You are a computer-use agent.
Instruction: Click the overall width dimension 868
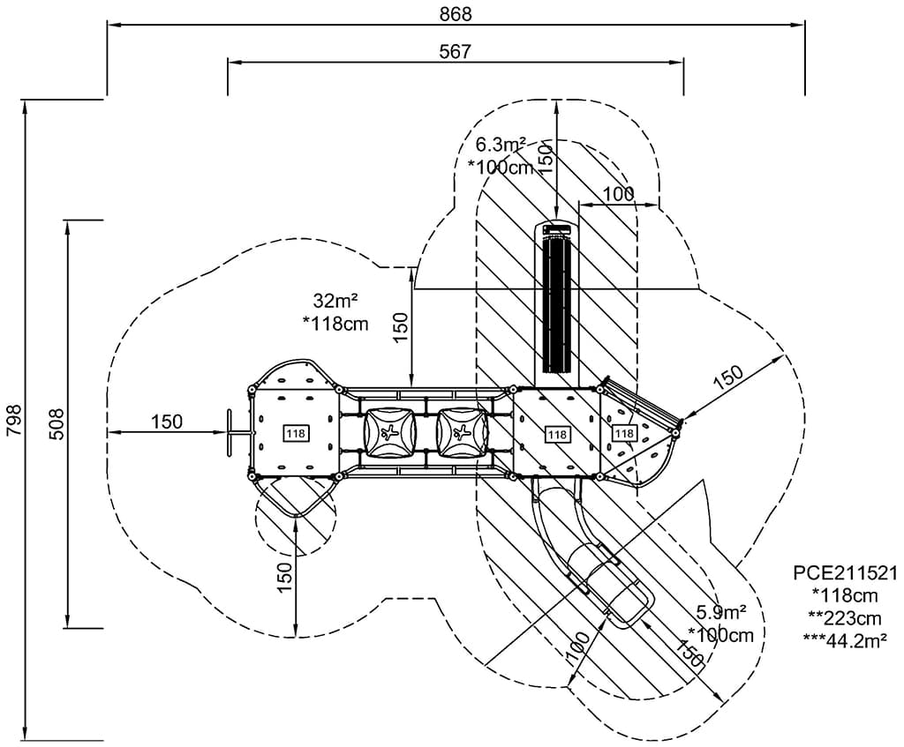pyautogui.click(x=456, y=13)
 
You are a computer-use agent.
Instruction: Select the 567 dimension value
pyautogui.click(x=456, y=51)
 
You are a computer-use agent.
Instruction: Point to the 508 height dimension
pyautogui.click(x=55, y=424)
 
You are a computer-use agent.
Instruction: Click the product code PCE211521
pyautogui.click(x=845, y=574)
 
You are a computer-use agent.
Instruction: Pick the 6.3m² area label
pyautogui.click(x=501, y=144)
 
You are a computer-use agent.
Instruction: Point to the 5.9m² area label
pyautogui.click(x=721, y=611)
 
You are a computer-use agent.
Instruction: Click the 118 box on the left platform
pyautogui.click(x=295, y=433)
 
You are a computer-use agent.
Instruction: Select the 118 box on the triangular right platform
pyautogui.click(x=624, y=433)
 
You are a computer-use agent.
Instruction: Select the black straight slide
pyautogui.click(x=556, y=300)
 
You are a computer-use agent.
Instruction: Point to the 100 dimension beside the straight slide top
pyautogui.click(x=618, y=193)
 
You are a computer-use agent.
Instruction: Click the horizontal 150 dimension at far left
pyautogui.click(x=166, y=422)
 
